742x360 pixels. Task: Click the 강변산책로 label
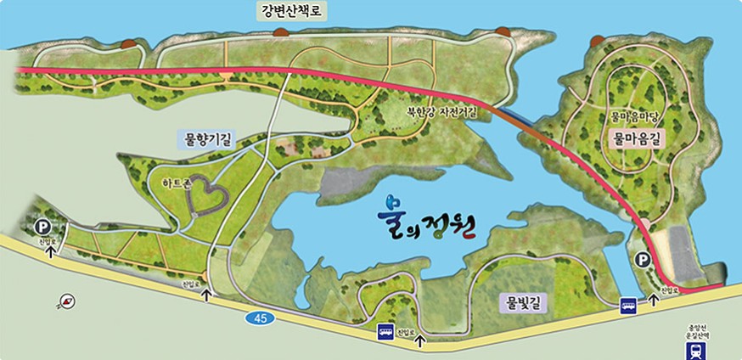pos(291,12)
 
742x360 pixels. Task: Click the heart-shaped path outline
pos(203,196)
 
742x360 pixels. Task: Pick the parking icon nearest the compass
pos(42,227)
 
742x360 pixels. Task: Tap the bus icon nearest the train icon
pos(628,305)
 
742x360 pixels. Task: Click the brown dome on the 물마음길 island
pos(594,39)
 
